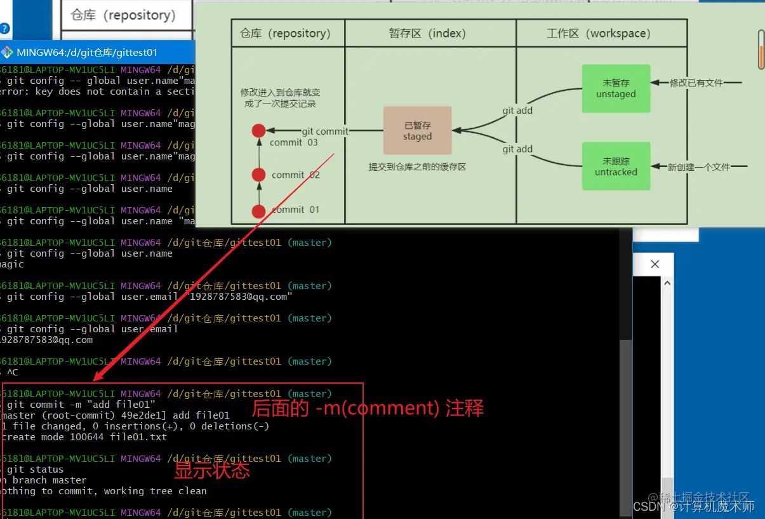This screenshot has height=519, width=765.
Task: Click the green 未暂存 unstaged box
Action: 616,88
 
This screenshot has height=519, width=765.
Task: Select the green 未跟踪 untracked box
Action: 616,166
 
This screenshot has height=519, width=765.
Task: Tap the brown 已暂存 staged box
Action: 417,131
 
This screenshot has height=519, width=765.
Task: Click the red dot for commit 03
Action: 258,131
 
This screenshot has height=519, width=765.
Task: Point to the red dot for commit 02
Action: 258,175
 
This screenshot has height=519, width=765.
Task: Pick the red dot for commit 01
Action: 258,212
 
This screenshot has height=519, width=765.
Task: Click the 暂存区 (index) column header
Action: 427,33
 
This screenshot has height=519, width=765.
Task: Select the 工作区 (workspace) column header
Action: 598,33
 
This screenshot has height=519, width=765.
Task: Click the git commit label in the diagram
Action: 325,131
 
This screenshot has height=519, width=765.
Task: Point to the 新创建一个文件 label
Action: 698,167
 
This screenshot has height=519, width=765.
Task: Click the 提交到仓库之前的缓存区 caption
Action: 417,167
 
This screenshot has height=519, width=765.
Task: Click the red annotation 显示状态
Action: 212,471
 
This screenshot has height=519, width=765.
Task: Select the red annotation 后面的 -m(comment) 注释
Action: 368,408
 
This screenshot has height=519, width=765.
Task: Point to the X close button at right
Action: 655,264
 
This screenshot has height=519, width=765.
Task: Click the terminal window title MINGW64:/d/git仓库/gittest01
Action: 87,53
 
